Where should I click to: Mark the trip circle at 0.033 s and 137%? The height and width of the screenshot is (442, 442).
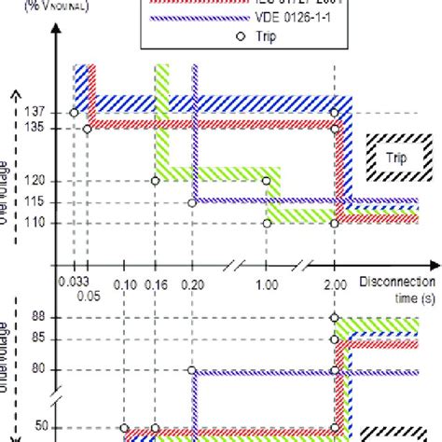(73, 113)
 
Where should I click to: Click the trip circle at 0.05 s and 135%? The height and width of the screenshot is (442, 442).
(87, 129)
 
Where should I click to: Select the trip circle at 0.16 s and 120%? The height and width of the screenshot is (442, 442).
(155, 180)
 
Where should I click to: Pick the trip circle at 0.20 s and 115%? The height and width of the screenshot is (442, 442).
(192, 202)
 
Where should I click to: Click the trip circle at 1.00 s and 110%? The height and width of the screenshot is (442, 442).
(267, 223)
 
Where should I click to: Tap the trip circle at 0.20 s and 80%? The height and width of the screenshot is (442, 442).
(192, 369)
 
